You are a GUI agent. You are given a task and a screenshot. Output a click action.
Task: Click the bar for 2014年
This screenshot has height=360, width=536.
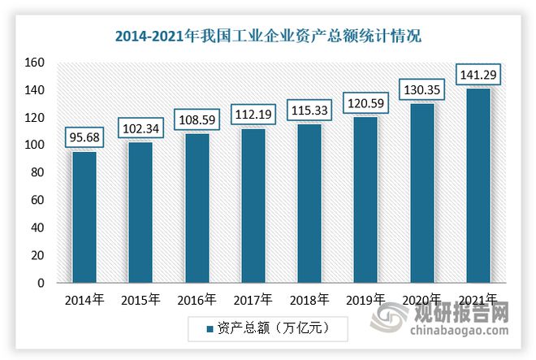coord(84,217)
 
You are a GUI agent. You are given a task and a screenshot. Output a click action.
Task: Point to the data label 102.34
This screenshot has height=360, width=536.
coord(140,128)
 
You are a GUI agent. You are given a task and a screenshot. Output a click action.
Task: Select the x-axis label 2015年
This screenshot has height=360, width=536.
coord(140,299)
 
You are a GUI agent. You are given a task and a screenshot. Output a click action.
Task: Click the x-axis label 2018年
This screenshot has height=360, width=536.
coord(309,299)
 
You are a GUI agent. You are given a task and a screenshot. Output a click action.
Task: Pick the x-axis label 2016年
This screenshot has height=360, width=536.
coord(197,299)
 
